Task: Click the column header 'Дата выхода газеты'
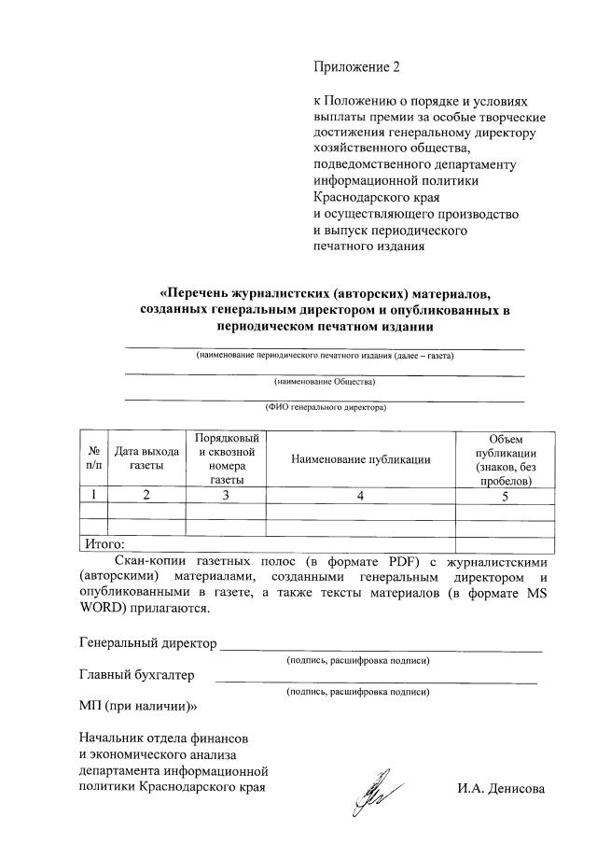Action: tap(146, 457)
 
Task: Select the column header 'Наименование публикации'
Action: tap(360, 458)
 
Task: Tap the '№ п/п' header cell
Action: tap(94, 457)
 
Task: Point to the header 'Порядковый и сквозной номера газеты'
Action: tap(226, 457)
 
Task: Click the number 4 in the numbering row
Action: tap(360, 496)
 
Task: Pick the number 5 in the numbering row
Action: tap(505, 496)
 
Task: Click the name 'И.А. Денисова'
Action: tap(500, 788)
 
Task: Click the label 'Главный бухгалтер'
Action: tap(137, 675)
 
